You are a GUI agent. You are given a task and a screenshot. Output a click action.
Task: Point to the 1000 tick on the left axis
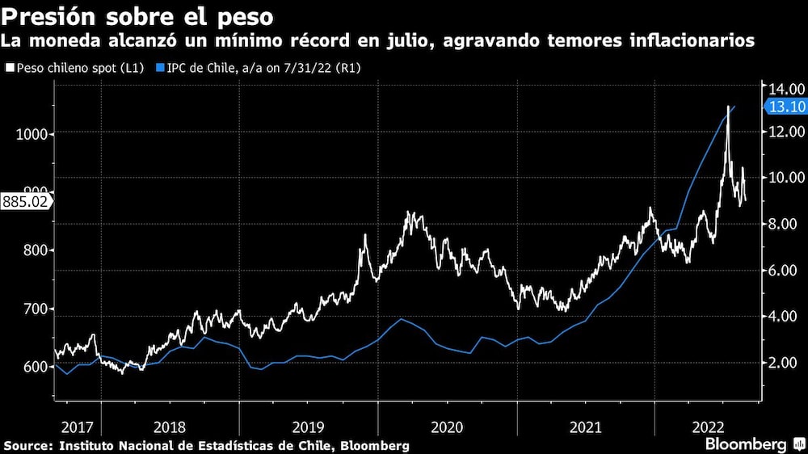pyautogui.click(x=31, y=134)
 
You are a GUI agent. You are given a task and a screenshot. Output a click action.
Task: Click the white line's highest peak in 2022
pyautogui.click(x=728, y=106)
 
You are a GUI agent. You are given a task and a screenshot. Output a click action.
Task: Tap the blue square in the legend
pyautogui.click(x=160, y=69)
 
